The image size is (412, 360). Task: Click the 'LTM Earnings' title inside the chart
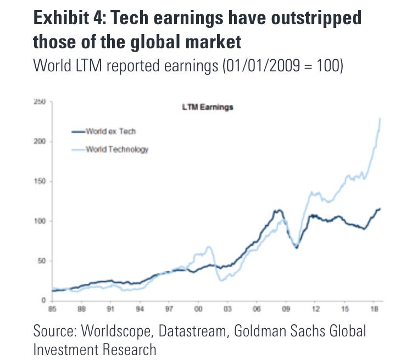[208, 108]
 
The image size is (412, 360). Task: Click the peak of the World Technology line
[381, 119]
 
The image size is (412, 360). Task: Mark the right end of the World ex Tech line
[380, 209]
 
